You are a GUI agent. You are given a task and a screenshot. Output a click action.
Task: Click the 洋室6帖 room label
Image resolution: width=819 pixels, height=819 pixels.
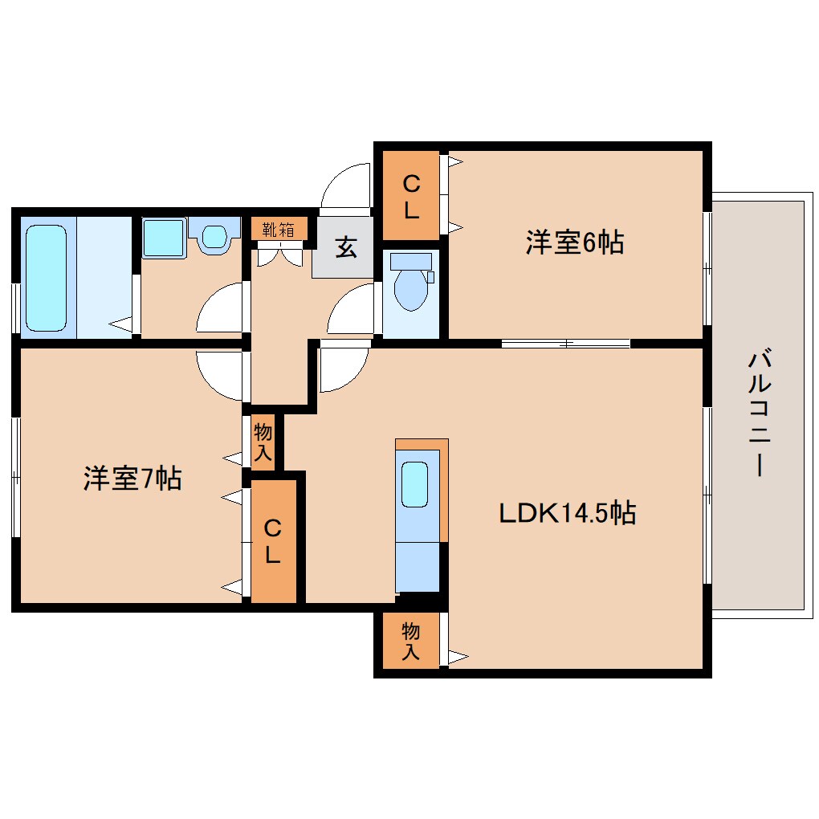tap(574, 242)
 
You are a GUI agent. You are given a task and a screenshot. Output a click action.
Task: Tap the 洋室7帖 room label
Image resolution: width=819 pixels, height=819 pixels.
tap(132, 479)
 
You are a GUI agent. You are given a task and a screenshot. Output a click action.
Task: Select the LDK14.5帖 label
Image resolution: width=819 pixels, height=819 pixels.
tap(568, 511)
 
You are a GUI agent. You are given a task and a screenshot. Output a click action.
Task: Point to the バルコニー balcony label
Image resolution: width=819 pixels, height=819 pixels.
tap(758, 414)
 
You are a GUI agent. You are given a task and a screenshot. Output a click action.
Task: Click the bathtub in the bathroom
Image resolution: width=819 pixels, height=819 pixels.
tap(46, 278)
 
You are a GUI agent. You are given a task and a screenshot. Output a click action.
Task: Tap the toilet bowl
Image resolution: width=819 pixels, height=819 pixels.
tap(411, 289)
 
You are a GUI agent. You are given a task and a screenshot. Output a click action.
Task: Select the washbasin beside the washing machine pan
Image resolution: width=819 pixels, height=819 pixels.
tap(215, 236)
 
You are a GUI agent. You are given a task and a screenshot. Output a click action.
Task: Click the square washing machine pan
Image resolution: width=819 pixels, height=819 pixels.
tap(164, 237)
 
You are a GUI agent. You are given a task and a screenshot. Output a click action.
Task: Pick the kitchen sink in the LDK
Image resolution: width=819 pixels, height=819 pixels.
tap(415, 484)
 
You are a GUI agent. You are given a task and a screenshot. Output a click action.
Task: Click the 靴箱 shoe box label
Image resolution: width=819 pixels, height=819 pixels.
tap(278, 230)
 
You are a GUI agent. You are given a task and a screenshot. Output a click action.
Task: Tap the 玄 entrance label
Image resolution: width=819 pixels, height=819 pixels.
tap(345, 248)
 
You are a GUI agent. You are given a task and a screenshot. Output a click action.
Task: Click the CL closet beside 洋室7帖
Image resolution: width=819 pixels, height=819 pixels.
tap(273, 541)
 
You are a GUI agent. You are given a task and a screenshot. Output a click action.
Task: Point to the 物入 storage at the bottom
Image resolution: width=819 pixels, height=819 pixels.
tap(410, 641)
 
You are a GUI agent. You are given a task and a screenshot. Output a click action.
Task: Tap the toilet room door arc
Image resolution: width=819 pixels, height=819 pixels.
tap(351, 309)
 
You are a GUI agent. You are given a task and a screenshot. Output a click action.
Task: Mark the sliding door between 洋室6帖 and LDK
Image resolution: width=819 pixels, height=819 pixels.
tap(566, 344)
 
